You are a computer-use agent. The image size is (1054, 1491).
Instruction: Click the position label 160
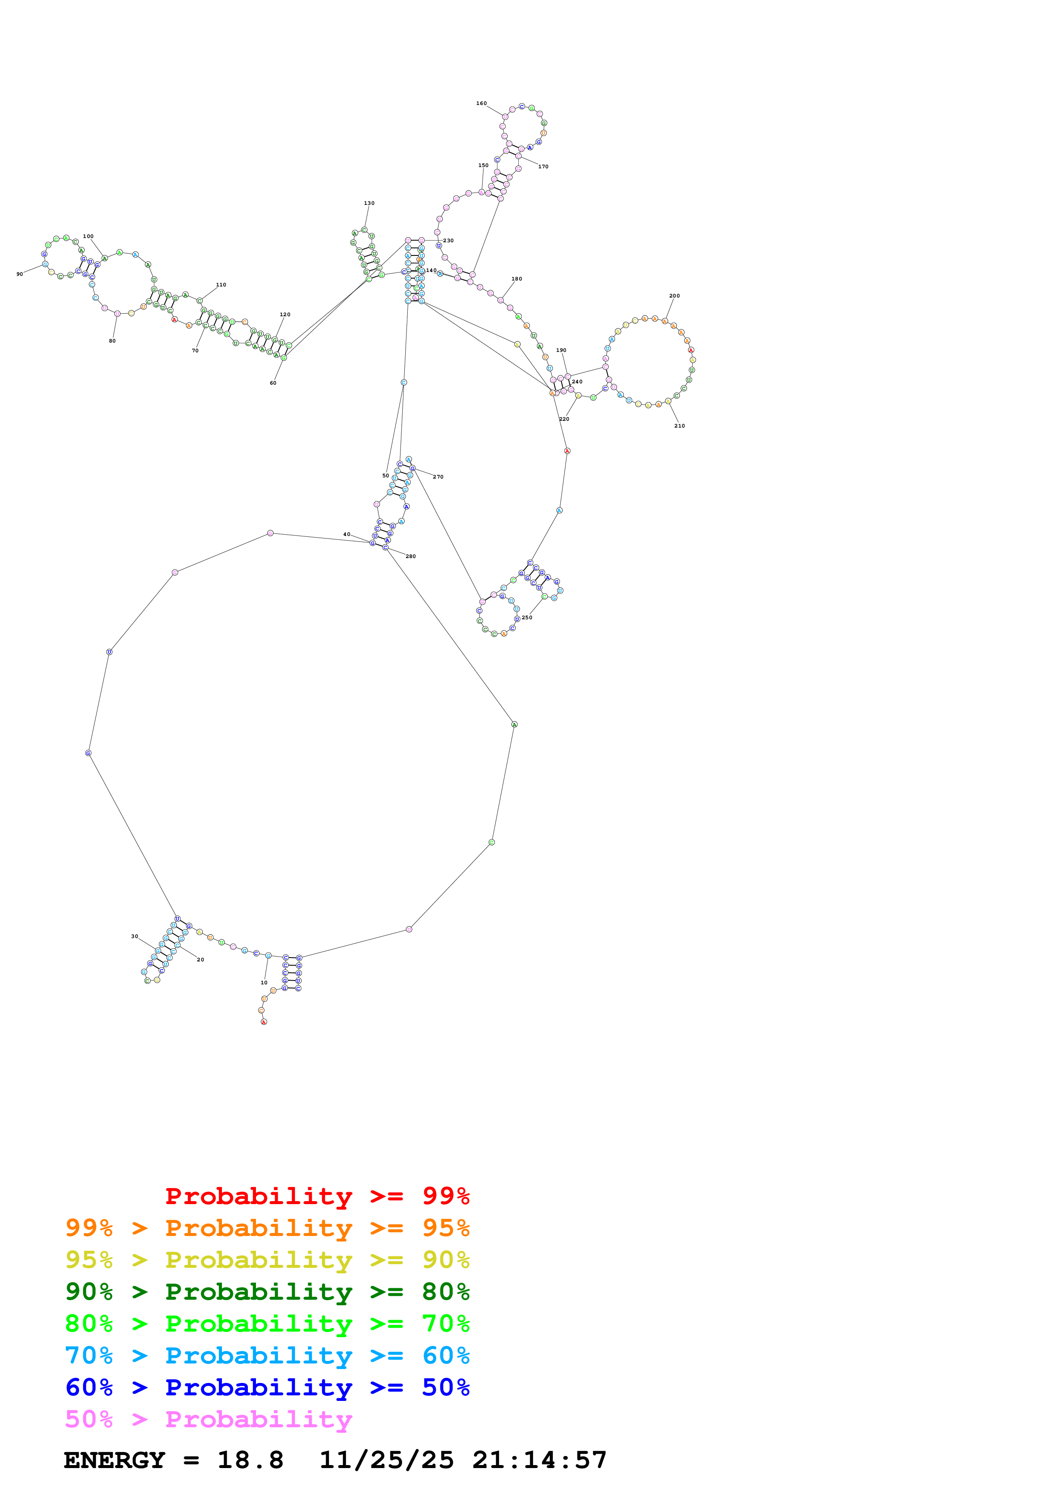pos(481,103)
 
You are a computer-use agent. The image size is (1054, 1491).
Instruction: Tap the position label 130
pos(369,203)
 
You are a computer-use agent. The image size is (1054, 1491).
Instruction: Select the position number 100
pos(88,236)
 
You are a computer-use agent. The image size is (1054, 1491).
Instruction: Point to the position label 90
pos(20,274)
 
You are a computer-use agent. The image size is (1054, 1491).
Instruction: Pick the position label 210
pos(679,426)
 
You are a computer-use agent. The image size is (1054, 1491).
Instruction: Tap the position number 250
pos(527,618)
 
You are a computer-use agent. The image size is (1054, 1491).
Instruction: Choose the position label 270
pos(438,476)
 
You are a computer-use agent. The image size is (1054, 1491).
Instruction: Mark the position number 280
pos(410,556)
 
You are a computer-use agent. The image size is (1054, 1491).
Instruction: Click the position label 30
pos(134,936)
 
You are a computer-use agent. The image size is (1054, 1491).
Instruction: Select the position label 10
pos(264,983)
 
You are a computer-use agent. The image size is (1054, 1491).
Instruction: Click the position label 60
pos(273,383)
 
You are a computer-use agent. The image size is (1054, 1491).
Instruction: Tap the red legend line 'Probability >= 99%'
pos(317,1196)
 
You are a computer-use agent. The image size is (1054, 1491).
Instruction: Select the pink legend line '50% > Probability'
pos(208,1420)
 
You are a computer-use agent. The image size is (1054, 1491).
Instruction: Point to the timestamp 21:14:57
pos(539,1460)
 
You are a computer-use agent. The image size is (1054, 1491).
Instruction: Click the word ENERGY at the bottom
pos(114,1460)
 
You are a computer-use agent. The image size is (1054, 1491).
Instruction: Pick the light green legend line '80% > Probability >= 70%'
pos(267,1324)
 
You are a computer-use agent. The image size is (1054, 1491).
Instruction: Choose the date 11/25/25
pos(386,1460)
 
